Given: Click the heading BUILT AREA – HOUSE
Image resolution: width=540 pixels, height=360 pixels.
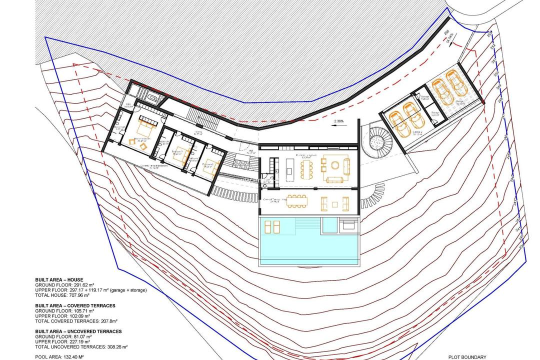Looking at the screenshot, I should [x=59, y=279].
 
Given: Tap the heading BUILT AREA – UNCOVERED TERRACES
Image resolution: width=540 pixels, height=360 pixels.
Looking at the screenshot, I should [x=78, y=331].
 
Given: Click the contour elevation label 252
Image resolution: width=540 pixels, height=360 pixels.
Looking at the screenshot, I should [x=492, y=46].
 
